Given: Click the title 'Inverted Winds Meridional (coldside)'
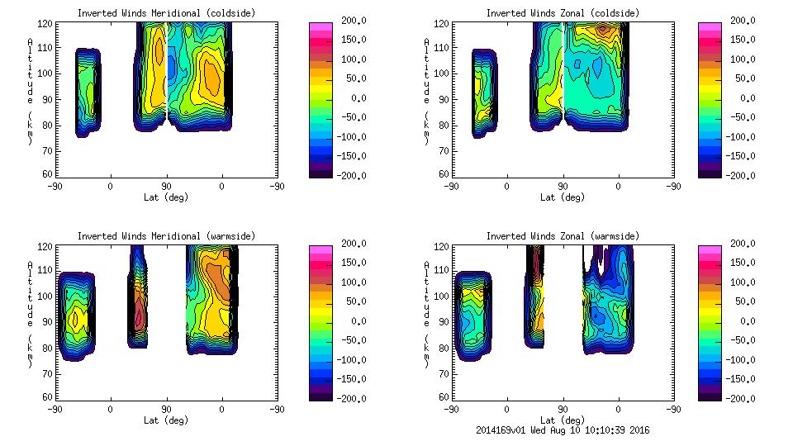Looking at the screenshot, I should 166,13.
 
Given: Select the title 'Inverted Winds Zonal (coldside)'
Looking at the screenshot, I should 563,13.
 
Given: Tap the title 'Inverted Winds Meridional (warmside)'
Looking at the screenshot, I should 166,236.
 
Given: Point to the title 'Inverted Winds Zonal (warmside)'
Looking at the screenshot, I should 563,236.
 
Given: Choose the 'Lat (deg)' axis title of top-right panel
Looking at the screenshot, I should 563,197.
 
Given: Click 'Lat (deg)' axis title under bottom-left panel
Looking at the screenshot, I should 166,420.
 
